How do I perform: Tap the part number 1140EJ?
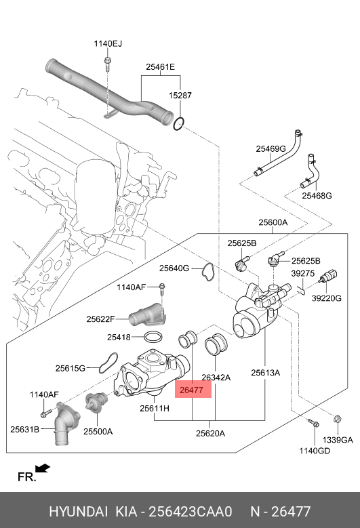tap(108, 43)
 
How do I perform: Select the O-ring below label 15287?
tap(179, 123)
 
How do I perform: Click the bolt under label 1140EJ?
tap(107, 64)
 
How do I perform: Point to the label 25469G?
tap(271, 148)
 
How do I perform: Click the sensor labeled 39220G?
tap(328, 276)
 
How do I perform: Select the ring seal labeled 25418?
tap(154, 336)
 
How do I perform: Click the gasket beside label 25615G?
tap(108, 363)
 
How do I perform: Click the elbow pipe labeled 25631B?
tap(66, 424)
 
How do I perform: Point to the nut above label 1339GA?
tap(337, 419)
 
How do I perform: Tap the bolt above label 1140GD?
tap(313, 422)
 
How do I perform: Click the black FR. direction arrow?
tap(43, 468)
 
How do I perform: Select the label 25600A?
tap(273, 222)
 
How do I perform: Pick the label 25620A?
tap(210, 433)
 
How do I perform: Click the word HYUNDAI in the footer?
tap(79, 512)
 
